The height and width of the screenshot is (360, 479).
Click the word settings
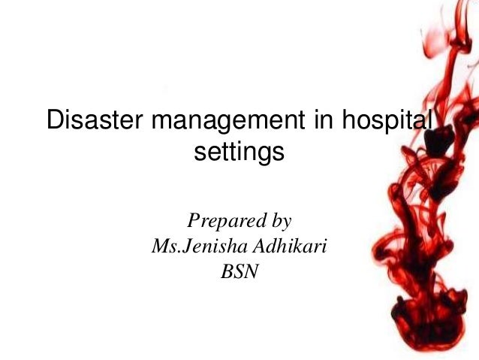pyautogui.click(x=239, y=153)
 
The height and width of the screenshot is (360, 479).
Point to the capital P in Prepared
pyautogui.click(x=193, y=221)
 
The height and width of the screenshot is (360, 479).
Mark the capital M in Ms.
pyautogui.click(x=159, y=246)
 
